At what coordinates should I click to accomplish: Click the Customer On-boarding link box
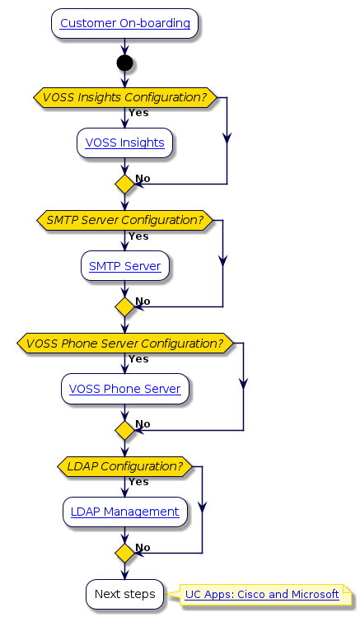tap(124, 23)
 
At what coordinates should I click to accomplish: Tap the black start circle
tap(124, 63)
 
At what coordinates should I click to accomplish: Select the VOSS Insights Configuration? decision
tap(124, 97)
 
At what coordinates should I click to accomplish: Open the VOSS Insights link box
tap(124, 143)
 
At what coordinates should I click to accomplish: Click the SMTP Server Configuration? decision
tap(124, 220)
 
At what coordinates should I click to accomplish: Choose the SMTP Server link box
tap(124, 266)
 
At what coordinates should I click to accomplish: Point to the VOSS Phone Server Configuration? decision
tap(124, 343)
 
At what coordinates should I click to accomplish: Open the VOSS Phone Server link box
tap(124, 389)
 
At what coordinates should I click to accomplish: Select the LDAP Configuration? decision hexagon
tap(124, 466)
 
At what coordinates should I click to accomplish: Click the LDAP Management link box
tap(124, 512)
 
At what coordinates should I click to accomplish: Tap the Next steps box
tap(124, 594)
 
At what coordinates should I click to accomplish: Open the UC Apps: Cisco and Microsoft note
tap(262, 594)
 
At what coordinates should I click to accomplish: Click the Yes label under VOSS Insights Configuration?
tap(138, 113)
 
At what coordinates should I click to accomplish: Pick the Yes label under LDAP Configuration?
tap(138, 482)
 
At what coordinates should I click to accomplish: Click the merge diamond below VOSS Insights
tap(124, 184)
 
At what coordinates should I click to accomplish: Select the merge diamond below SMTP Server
tap(124, 307)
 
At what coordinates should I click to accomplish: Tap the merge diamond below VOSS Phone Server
tap(124, 430)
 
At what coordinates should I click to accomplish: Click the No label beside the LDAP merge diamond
tap(143, 547)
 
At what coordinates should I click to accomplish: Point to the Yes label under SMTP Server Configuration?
tap(138, 236)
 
